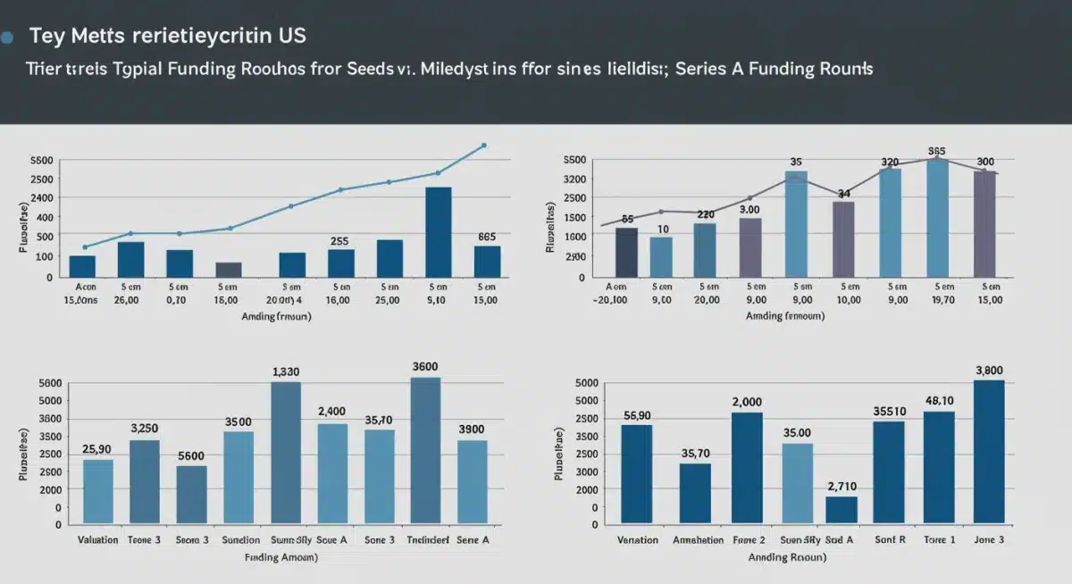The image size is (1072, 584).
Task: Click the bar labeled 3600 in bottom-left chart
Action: click(x=425, y=450)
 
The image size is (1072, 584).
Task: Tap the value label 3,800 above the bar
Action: click(x=989, y=371)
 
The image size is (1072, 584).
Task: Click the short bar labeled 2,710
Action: click(x=842, y=509)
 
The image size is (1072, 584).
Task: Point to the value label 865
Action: click(x=487, y=238)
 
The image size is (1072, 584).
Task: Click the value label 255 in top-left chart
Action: click(x=339, y=241)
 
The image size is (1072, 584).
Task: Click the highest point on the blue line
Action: click(x=484, y=145)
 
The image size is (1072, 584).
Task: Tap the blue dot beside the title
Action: click(x=8, y=38)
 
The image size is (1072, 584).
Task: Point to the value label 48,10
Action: click(x=939, y=401)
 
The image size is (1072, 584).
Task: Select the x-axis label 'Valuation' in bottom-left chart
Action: click(x=98, y=540)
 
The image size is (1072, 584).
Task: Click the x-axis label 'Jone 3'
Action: click(x=989, y=540)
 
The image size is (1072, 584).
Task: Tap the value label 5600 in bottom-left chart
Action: click(x=191, y=455)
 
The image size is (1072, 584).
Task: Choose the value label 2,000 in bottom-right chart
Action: click(x=746, y=402)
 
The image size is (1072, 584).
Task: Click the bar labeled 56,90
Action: click(x=636, y=473)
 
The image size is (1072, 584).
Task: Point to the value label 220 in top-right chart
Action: click(x=705, y=214)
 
